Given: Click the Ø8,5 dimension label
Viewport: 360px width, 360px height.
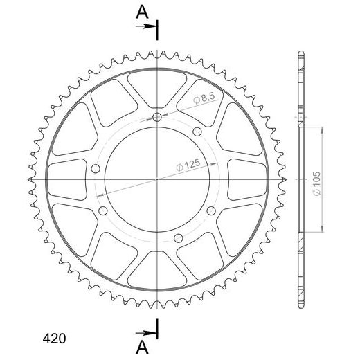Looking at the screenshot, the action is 204,98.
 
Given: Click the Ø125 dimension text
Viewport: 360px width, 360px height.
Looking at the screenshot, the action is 188,165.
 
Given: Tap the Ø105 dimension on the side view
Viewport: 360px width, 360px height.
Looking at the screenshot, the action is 317,183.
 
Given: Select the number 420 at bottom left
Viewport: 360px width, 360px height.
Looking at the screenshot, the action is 55,339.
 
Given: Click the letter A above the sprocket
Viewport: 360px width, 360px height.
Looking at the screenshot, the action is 142,12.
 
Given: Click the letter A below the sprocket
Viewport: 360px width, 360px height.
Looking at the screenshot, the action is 142,348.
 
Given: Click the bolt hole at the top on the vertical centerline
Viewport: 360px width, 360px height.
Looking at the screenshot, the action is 157,117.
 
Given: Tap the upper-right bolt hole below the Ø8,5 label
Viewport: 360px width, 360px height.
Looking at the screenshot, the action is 197,132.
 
